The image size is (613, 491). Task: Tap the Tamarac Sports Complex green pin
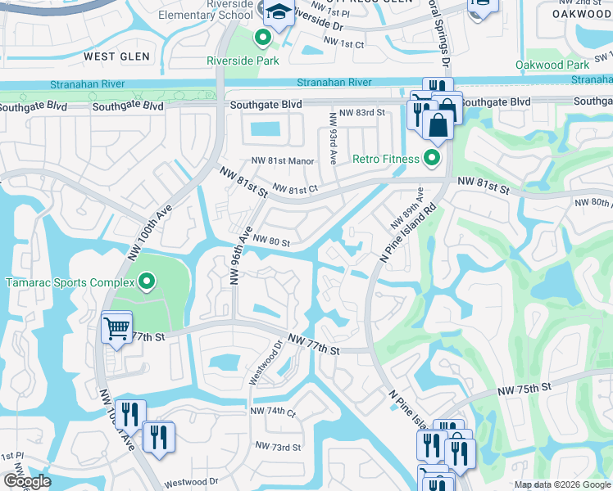pos(147,283)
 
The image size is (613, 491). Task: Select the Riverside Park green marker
pos(262,38)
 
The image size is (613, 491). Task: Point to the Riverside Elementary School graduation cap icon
pos(278,12)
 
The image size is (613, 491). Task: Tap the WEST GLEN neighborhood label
pos(116,56)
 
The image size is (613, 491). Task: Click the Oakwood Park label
pos(552,65)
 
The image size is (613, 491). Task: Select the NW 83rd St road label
pos(365,112)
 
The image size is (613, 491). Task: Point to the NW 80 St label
pos(270,241)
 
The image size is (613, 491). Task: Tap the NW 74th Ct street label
pos(273,411)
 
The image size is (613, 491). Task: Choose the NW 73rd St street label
pos(277,447)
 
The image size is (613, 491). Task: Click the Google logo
pos(27,481)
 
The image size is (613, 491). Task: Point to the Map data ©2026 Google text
pos(561,484)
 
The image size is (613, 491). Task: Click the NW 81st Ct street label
pos(294,188)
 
